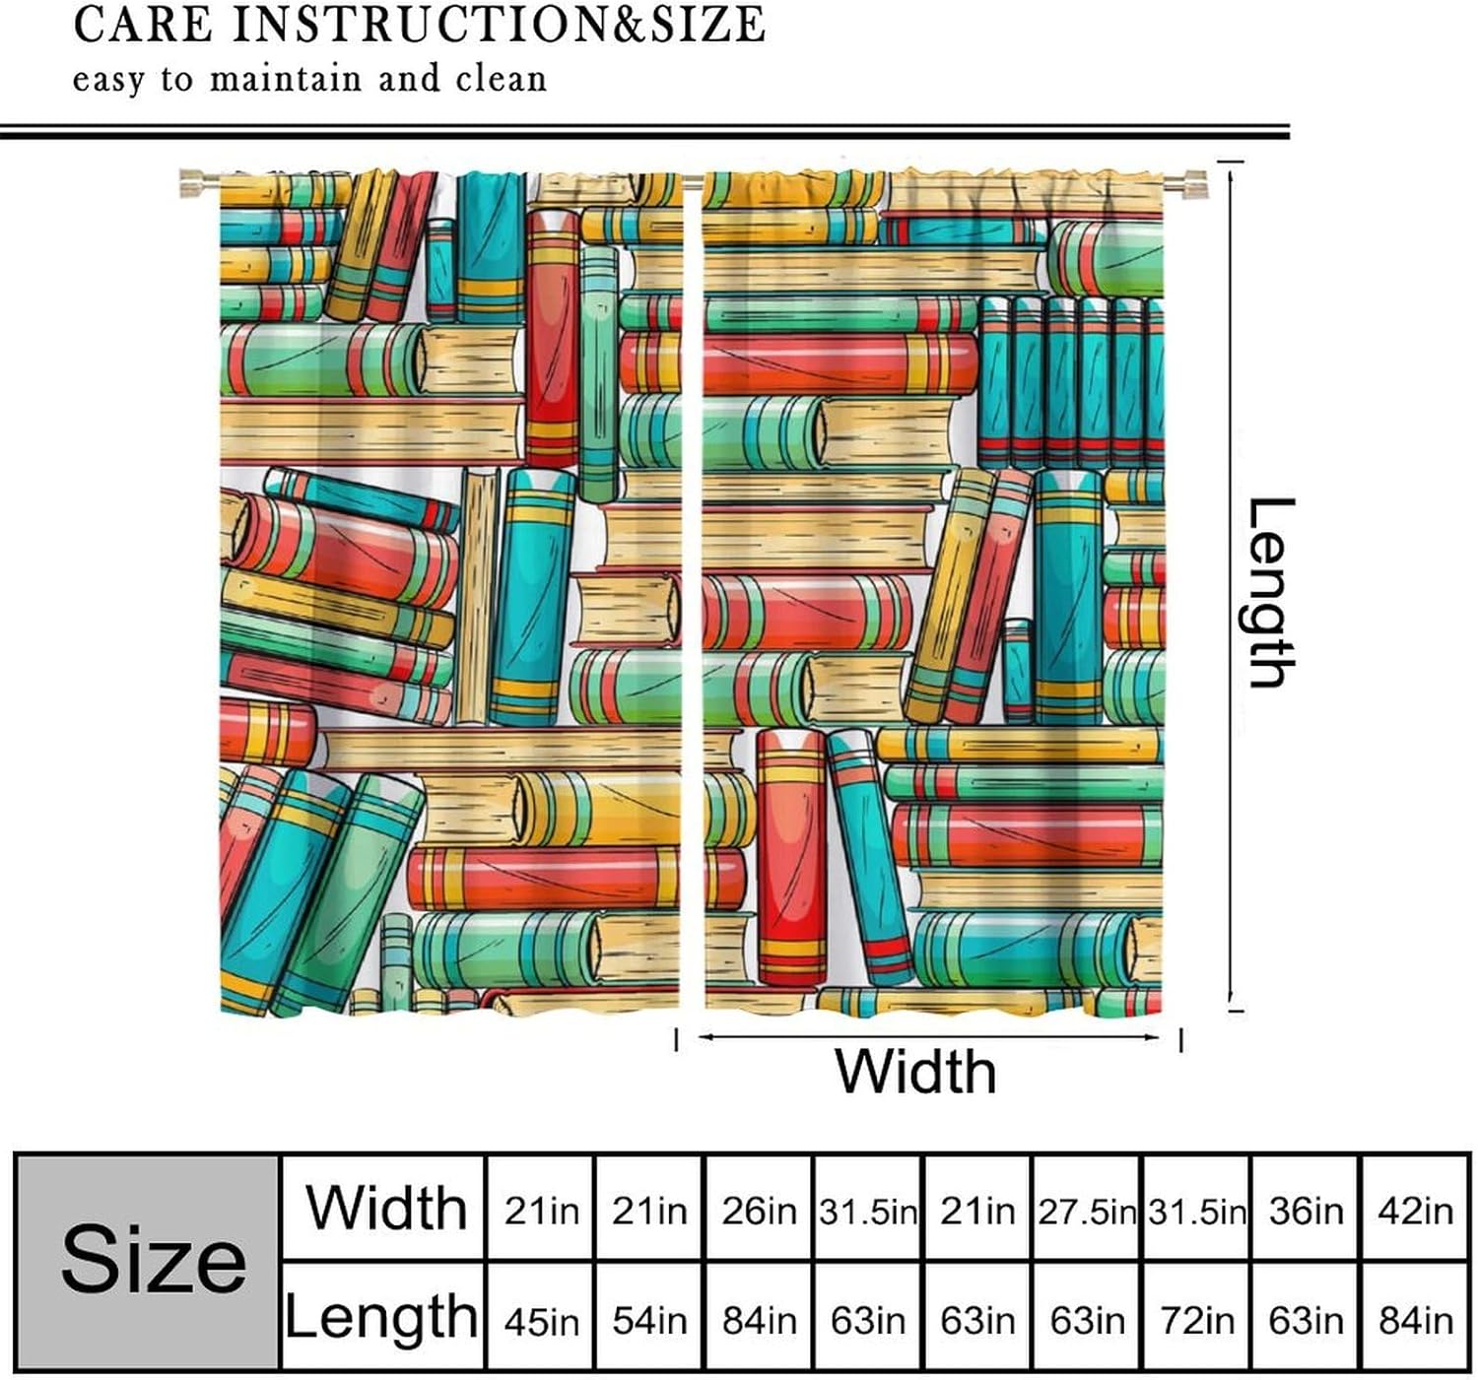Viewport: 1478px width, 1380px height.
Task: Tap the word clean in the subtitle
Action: click(501, 79)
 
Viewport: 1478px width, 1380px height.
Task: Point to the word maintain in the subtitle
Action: click(285, 79)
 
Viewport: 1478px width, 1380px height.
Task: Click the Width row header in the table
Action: click(385, 1208)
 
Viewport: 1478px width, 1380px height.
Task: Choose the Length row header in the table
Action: click(381, 1317)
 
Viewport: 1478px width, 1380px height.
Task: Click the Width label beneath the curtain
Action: click(915, 1071)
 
